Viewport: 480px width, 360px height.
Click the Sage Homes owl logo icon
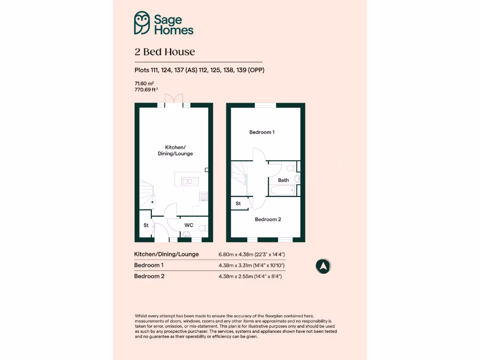[x=142, y=23]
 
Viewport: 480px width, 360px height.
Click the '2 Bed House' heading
[x=165, y=52]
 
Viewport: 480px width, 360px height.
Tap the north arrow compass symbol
[x=323, y=266]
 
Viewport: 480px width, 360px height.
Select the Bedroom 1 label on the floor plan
[x=262, y=132]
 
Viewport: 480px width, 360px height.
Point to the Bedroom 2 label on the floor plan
[x=268, y=219]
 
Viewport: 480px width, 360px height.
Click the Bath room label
[x=283, y=180]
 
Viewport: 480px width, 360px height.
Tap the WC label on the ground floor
[x=188, y=225]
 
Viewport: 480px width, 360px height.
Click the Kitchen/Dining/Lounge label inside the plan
[x=175, y=150]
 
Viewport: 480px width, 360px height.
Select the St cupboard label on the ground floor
[x=146, y=225]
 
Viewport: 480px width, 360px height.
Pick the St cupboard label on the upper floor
[x=238, y=203]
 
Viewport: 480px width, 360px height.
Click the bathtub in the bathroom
[x=282, y=190]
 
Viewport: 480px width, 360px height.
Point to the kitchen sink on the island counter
[x=190, y=181]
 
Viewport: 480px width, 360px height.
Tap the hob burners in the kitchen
[x=203, y=196]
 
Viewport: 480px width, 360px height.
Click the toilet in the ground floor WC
[x=203, y=228]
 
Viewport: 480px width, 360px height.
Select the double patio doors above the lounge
[x=173, y=99]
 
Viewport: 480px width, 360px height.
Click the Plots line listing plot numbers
[x=202, y=70]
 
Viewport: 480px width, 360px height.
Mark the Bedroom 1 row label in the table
[x=149, y=265]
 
